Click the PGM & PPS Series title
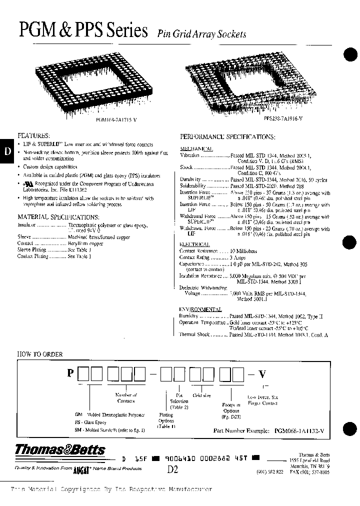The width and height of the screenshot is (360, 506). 83,31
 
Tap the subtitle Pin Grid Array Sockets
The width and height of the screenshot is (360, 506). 202,34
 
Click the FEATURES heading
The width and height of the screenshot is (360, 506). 33,135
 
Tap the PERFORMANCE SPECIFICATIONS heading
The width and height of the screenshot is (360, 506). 227,136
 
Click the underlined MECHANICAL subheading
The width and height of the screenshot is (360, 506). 196,148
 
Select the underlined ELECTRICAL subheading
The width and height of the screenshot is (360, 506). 194,244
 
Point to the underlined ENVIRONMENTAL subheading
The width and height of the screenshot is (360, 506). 200,309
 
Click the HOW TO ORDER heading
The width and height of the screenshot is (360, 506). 40,354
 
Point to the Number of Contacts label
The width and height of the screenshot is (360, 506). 125,397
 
